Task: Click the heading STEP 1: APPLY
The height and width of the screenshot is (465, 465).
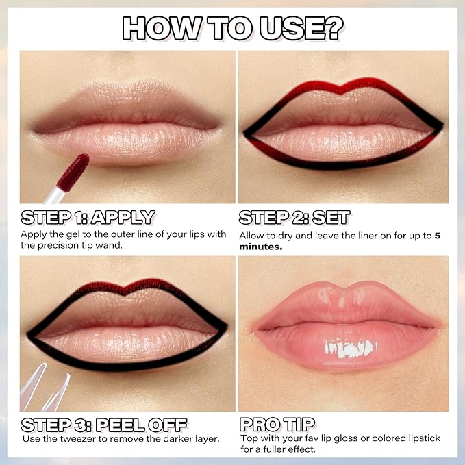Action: [88, 218]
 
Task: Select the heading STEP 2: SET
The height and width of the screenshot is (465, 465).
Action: [294, 218]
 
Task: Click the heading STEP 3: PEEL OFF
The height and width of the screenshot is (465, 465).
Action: [104, 424]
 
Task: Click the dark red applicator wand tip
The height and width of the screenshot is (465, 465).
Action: [73, 173]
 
